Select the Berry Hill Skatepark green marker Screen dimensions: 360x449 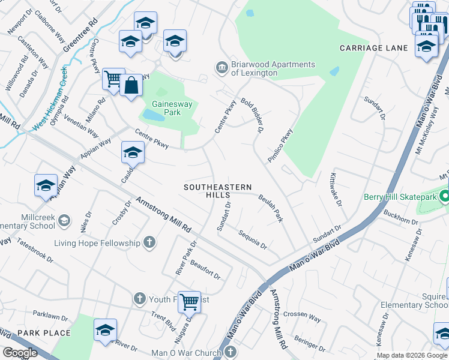pyautogui.click(x=444, y=197)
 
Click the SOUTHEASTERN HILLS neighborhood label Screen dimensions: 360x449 pyautogui.click(x=218, y=191)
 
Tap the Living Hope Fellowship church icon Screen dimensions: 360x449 pyautogui.click(x=149, y=243)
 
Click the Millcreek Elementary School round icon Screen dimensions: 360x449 pyautogui.click(x=63, y=221)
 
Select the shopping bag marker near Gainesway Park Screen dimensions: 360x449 pyautogui.click(x=130, y=86)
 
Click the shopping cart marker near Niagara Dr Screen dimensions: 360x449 pyautogui.click(x=190, y=301)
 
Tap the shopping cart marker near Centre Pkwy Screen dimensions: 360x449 pyautogui.click(x=113, y=79)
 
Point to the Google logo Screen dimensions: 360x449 pyautogui.click(x=20, y=353)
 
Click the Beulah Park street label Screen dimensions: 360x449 pyautogui.click(x=271, y=208)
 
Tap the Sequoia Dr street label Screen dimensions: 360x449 pyautogui.click(x=252, y=239)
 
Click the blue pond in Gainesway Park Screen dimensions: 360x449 pyautogui.click(x=152, y=115)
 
